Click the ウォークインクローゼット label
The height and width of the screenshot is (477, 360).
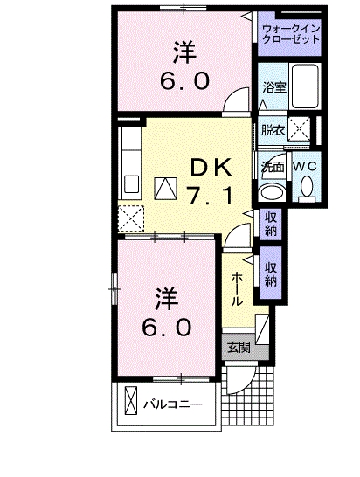(x=289, y=34)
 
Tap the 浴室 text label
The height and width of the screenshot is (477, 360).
(x=274, y=87)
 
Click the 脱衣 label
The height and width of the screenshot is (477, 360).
(x=273, y=130)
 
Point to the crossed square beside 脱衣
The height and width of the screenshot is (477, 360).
(x=300, y=130)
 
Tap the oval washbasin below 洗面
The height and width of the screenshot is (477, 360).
(x=272, y=192)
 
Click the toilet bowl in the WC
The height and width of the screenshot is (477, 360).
(x=307, y=186)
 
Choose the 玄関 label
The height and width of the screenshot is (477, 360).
(x=238, y=347)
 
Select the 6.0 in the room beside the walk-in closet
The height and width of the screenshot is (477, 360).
(x=183, y=81)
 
